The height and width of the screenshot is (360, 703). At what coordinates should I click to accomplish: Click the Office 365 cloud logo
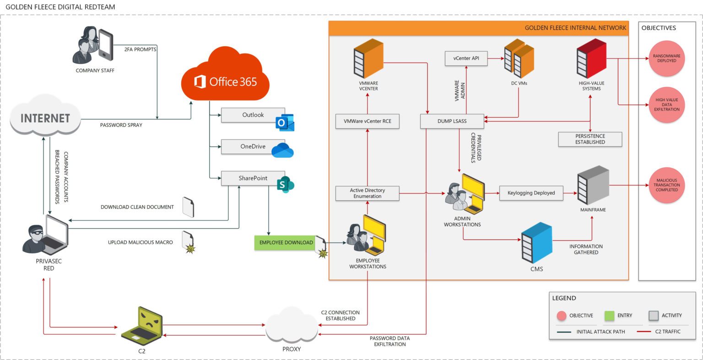tap(225, 75)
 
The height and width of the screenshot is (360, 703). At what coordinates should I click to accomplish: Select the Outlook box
tap(253, 115)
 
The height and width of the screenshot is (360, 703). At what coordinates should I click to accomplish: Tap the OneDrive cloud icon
tap(282, 150)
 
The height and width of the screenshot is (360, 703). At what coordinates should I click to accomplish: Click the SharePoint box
tap(253, 178)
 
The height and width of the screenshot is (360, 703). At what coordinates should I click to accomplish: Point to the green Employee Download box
tap(286, 242)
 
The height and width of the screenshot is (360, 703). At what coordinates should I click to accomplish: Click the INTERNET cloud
tap(45, 117)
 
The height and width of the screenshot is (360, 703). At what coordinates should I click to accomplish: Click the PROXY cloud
tap(292, 326)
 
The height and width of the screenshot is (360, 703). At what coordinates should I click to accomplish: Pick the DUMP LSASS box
tap(452, 121)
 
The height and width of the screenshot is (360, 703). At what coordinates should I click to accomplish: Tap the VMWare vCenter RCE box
tap(367, 122)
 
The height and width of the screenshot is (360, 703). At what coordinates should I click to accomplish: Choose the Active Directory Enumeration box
tap(367, 193)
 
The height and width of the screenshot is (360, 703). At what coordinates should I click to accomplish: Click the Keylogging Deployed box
tap(531, 193)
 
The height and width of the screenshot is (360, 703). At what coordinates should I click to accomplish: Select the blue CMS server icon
tap(536, 242)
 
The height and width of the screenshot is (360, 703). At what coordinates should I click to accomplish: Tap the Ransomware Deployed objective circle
tap(666, 59)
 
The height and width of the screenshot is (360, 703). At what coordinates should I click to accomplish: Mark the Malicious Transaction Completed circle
tap(666, 185)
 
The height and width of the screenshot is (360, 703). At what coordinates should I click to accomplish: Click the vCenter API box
tap(466, 59)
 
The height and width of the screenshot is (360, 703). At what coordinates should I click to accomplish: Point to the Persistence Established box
tap(590, 139)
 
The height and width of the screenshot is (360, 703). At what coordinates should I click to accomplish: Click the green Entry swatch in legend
tap(609, 316)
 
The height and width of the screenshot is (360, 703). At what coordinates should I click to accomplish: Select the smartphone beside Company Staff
tap(105, 45)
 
